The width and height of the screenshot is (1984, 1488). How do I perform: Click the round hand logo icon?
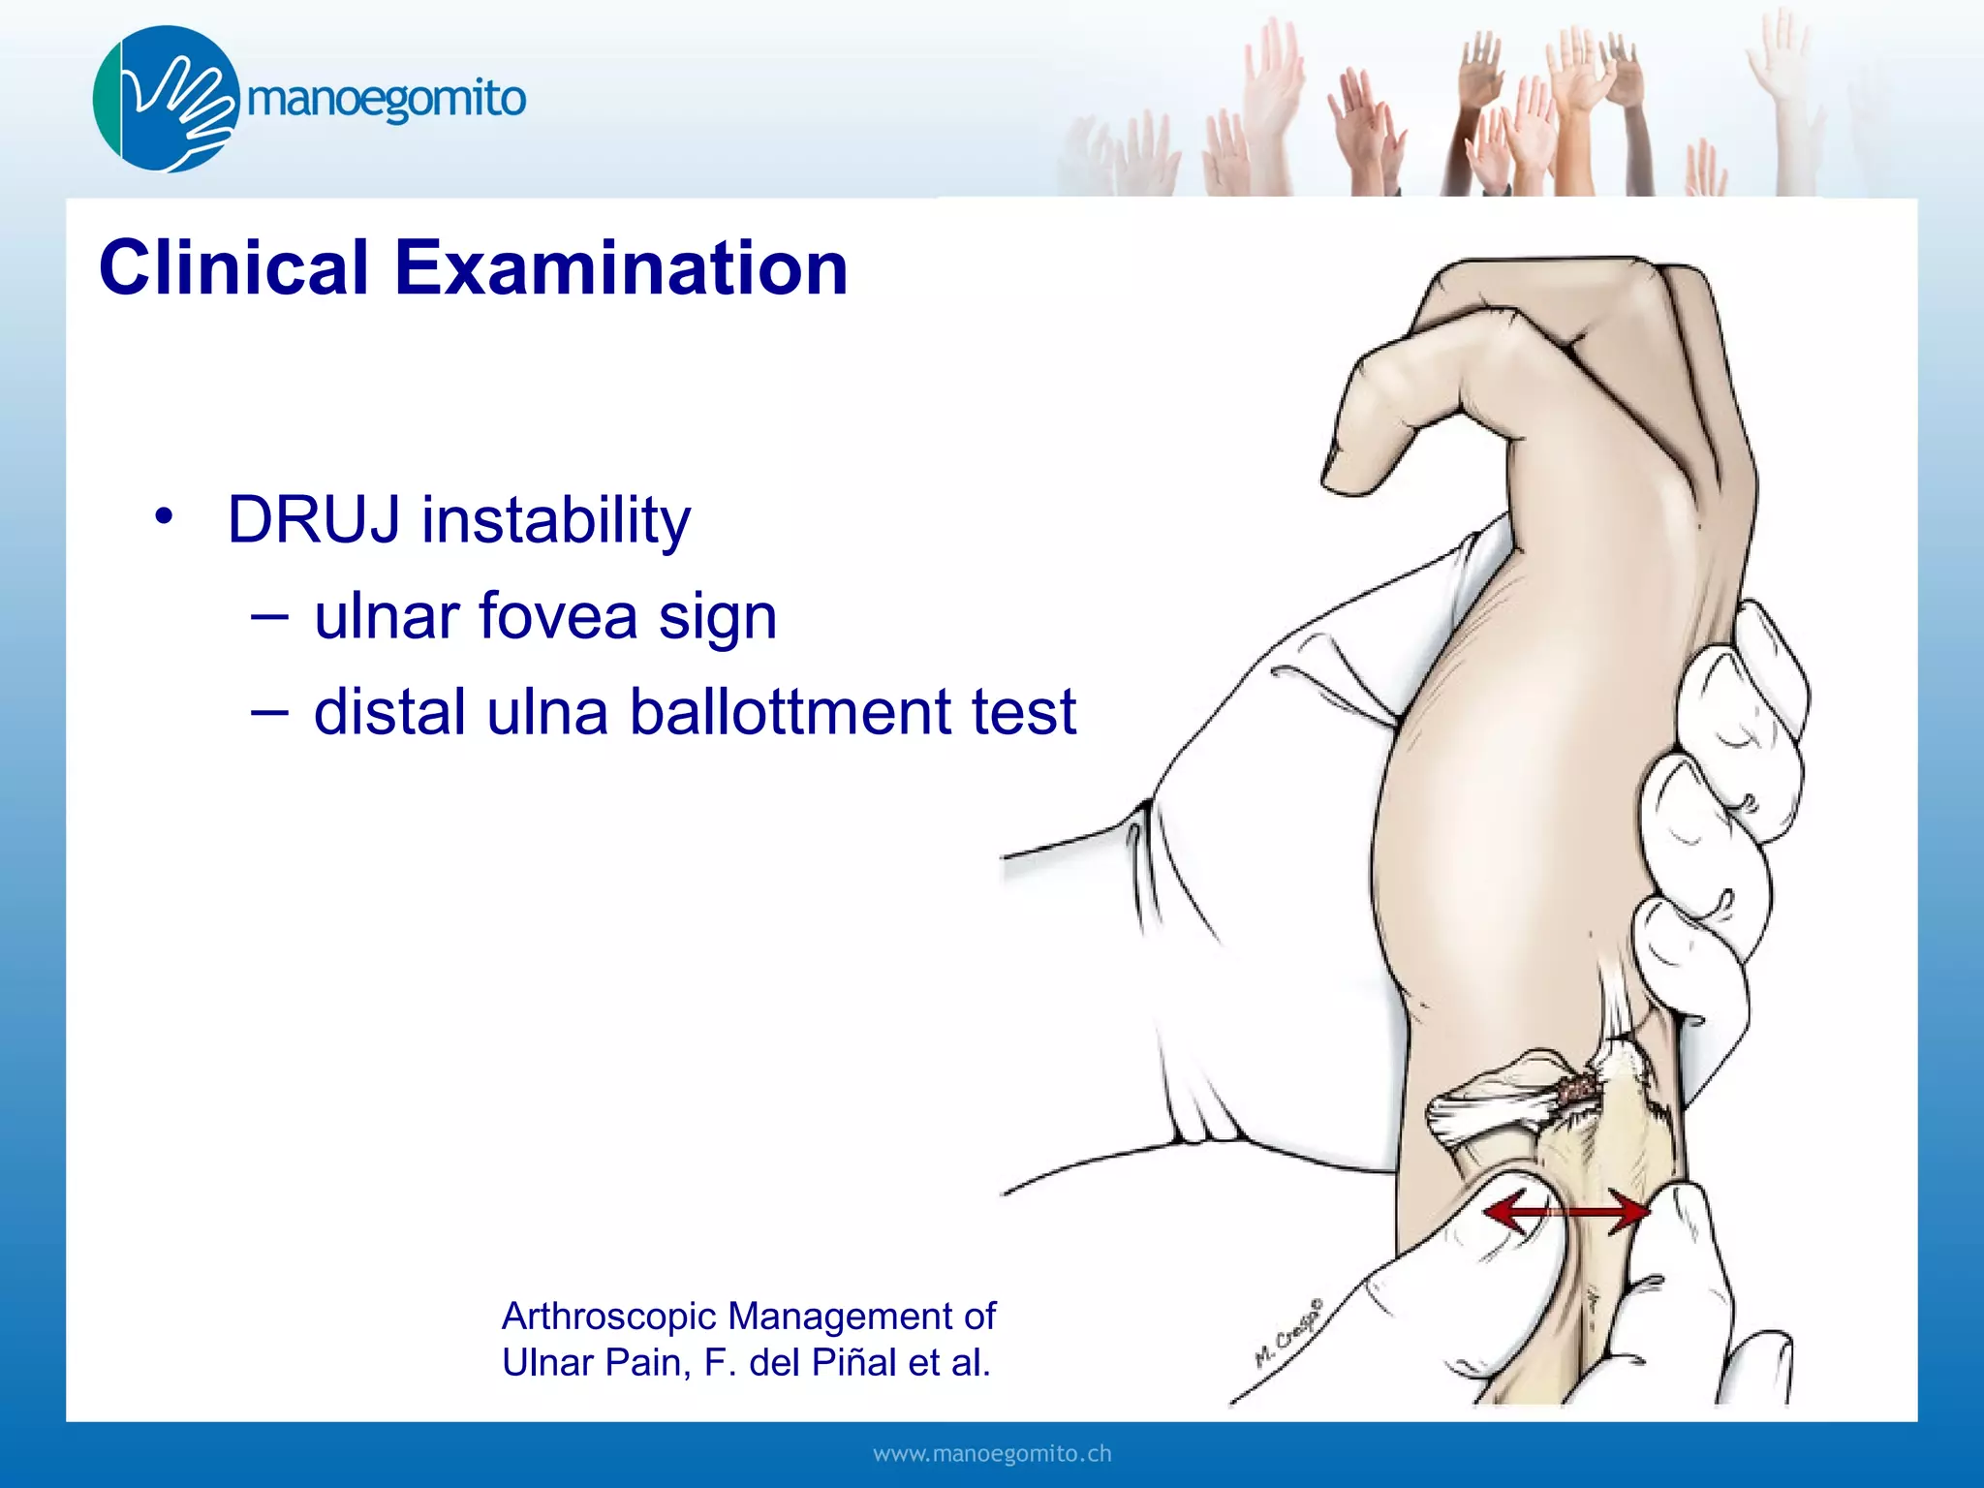point(166,99)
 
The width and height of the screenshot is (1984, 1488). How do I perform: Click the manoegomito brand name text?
point(387,100)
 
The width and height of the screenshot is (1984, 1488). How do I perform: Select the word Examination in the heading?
point(621,268)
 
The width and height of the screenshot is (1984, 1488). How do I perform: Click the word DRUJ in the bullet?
point(313,520)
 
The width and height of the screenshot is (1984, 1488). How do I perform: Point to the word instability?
point(556,520)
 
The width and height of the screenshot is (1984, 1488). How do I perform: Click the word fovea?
point(558,616)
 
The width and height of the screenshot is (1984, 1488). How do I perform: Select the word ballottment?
point(790,712)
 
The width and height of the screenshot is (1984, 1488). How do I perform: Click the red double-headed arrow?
point(1565,1212)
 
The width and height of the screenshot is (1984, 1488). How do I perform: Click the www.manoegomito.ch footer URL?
point(992,1453)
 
